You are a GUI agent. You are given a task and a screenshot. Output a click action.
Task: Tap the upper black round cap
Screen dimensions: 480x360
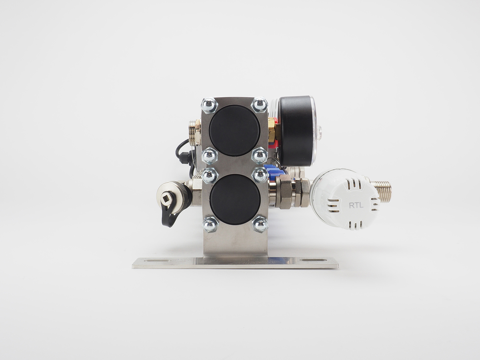[x=235, y=130]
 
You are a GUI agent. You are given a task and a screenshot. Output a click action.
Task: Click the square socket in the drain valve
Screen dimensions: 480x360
[x=166, y=199]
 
